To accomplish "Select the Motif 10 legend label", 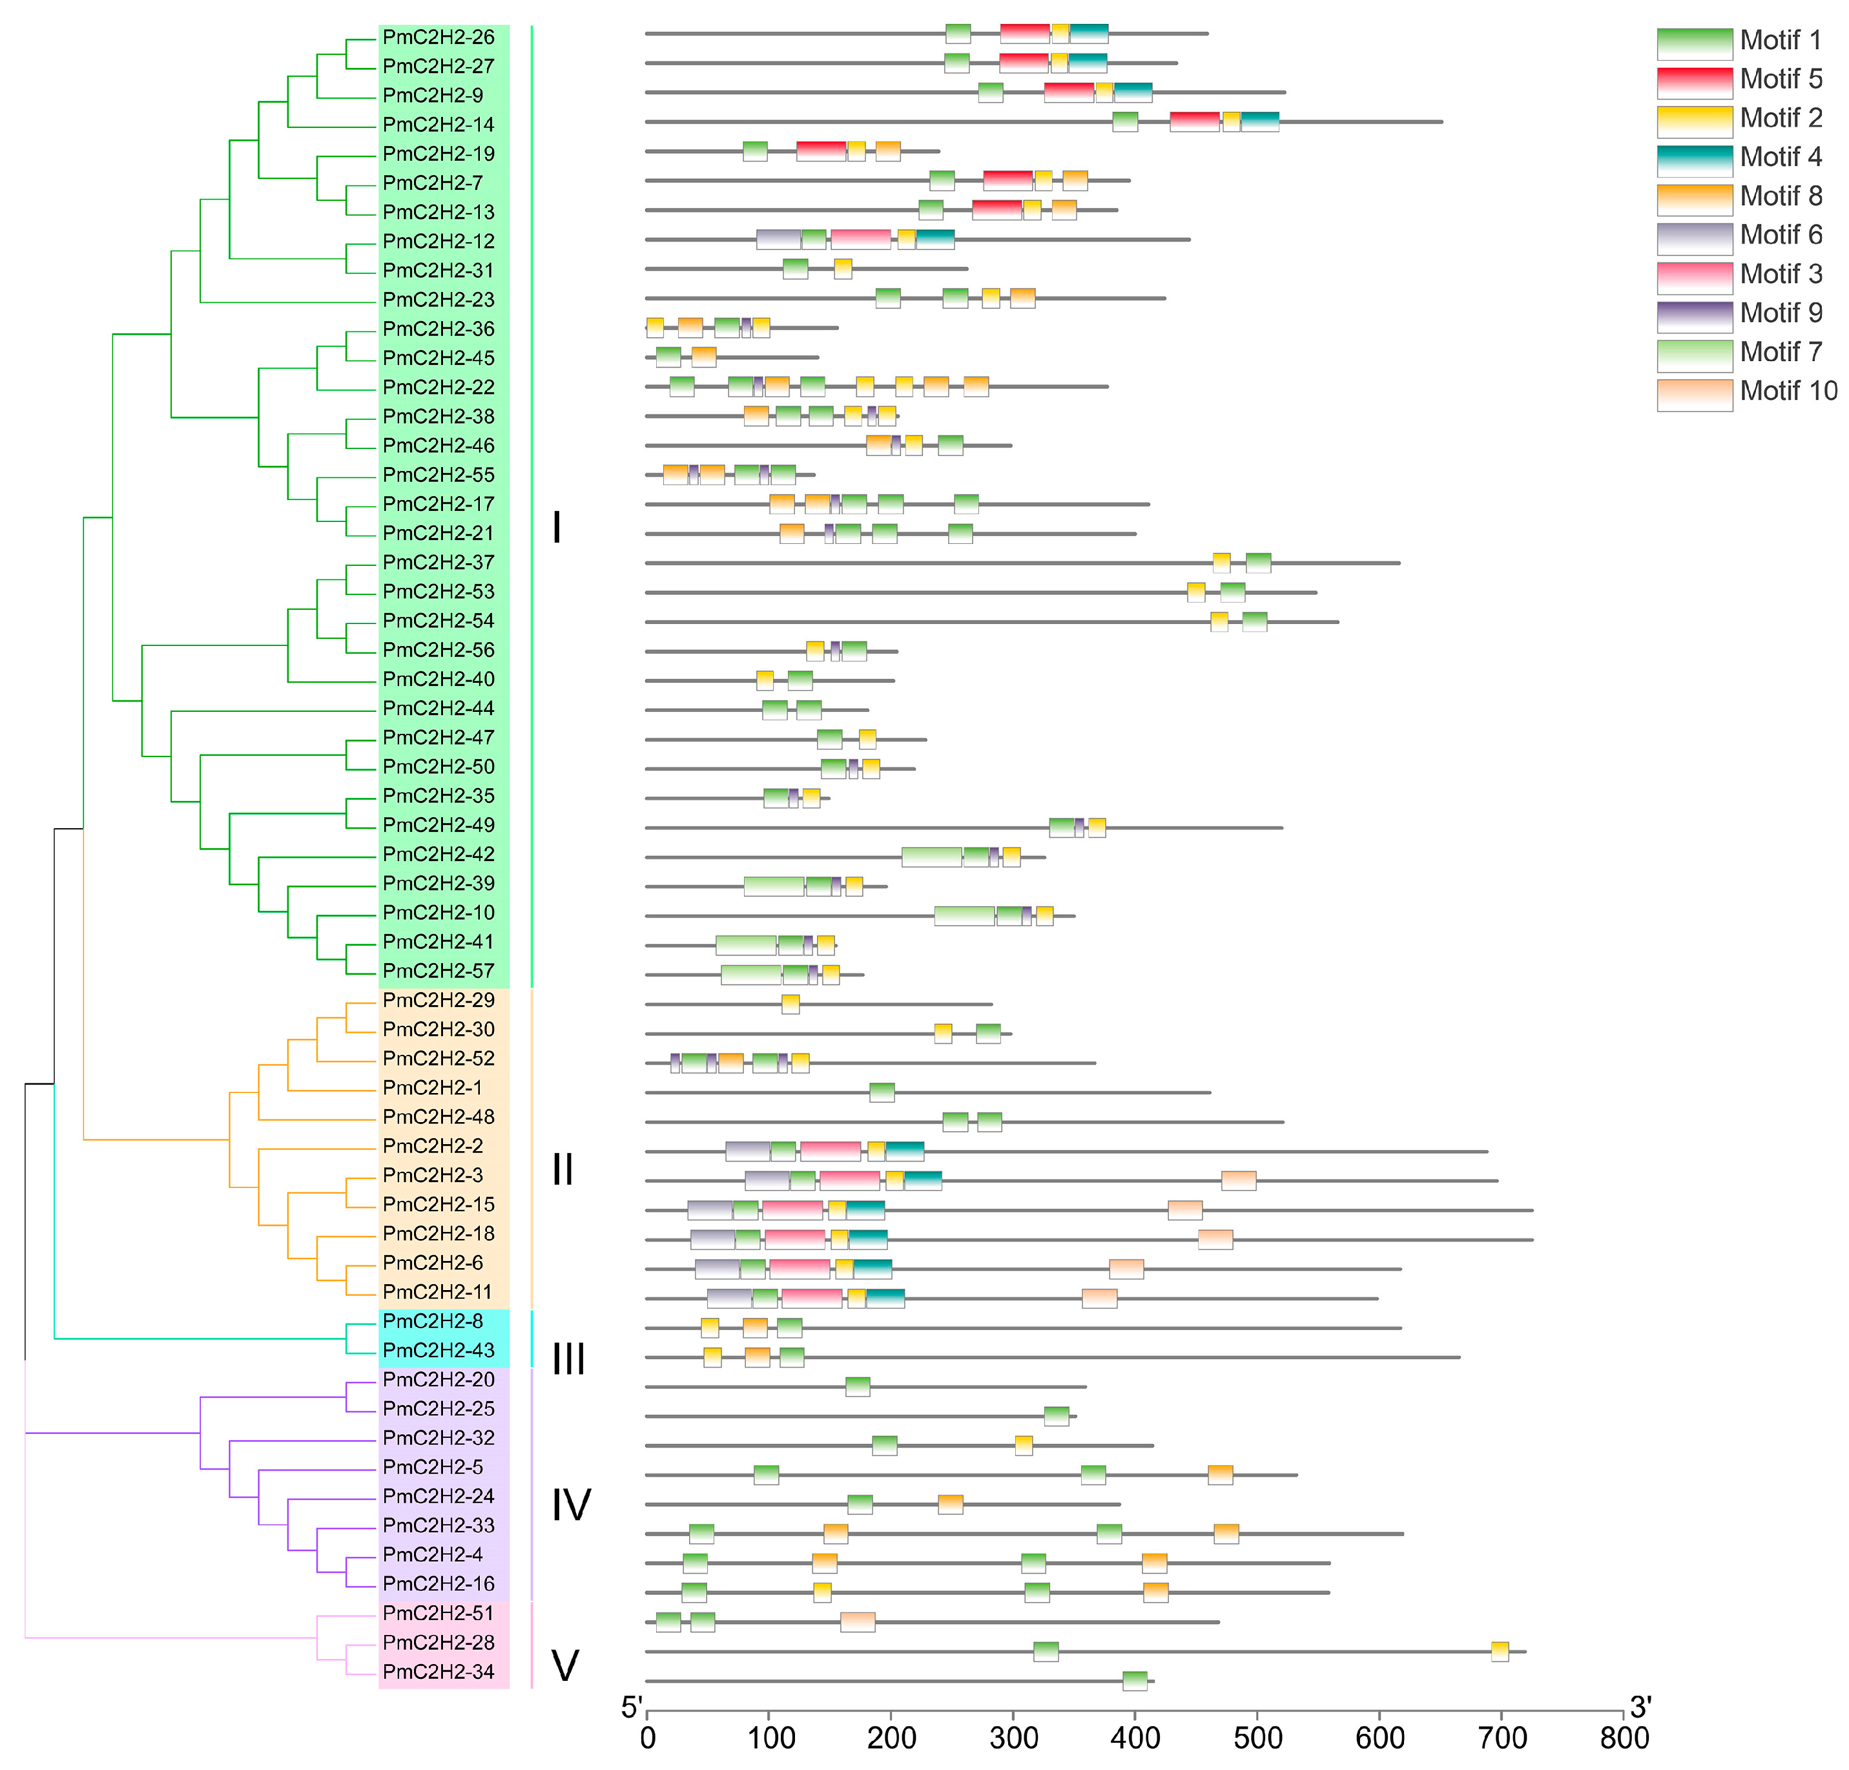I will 1788,391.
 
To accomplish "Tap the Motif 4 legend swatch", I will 1694,160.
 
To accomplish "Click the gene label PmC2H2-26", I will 438,37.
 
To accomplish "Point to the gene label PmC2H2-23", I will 438,300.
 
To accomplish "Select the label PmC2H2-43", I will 438,1350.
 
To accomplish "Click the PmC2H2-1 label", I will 432,1088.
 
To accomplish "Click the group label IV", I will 571,1505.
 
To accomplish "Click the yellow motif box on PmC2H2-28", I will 1500,1651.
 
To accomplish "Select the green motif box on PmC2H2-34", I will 1135,1680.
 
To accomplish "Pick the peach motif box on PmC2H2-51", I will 858,1622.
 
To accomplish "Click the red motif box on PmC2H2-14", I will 1194,121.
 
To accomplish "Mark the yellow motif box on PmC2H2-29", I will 790,1004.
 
